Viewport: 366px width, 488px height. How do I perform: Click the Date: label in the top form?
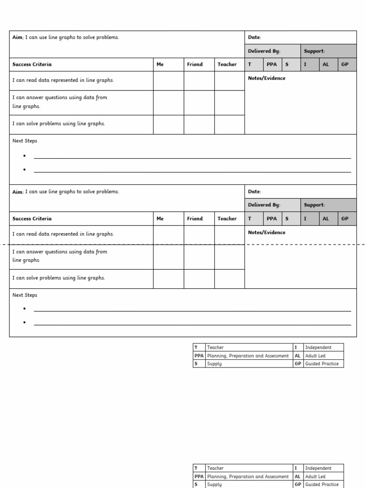click(x=254, y=37)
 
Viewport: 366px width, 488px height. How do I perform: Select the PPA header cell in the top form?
click(x=272, y=64)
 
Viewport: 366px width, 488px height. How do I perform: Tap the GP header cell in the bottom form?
click(x=345, y=219)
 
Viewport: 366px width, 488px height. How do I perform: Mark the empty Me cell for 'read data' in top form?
click(x=168, y=81)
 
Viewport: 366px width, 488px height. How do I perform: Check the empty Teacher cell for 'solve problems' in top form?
click(x=229, y=124)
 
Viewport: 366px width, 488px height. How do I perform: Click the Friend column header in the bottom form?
click(x=194, y=219)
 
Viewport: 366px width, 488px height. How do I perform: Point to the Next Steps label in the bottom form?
click(x=25, y=295)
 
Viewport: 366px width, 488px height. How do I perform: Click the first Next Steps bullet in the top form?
click(x=24, y=156)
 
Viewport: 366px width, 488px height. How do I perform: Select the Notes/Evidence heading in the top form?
click(x=266, y=78)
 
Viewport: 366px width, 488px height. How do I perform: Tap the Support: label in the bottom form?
click(x=314, y=205)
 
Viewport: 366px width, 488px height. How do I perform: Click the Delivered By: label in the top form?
click(x=264, y=51)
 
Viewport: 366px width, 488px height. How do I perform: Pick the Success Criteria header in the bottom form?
click(x=32, y=219)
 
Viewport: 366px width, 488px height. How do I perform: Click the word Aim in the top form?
click(x=18, y=37)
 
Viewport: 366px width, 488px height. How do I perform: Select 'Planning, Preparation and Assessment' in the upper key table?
click(x=248, y=356)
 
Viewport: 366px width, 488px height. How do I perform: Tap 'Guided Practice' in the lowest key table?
click(x=322, y=484)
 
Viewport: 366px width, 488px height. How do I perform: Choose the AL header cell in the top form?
click(x=326, y=64)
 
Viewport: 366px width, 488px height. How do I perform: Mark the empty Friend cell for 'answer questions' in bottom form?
click(x=199, y=256)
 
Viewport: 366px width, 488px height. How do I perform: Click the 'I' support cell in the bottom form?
click(x=305, y=219)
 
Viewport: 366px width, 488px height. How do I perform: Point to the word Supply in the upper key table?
click(x=214, y=364)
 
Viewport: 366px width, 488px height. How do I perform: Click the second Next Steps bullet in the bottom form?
click(x=24, y=323)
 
